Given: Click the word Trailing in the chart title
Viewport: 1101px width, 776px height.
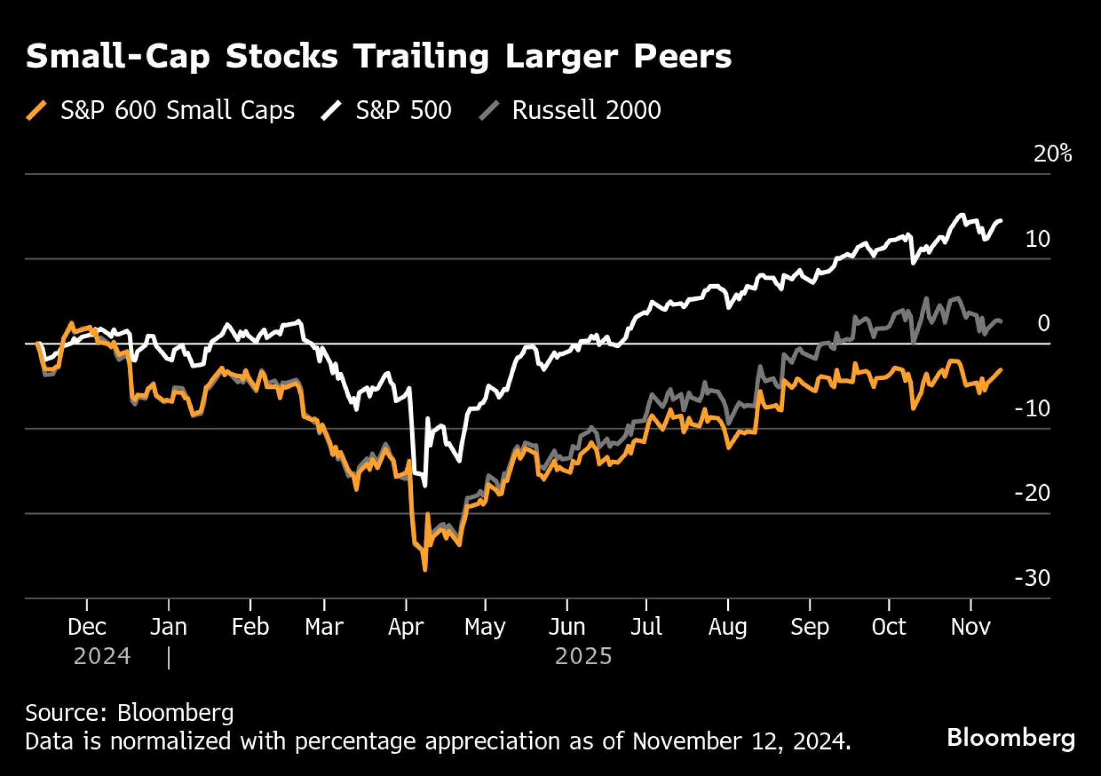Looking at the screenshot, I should tap(421, 57).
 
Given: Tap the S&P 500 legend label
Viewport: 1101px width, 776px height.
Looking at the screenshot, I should tap(403, 110).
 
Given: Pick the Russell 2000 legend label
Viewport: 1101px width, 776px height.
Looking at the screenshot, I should tap(586, 110).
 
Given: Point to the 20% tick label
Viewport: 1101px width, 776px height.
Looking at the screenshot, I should tap(1052, 154).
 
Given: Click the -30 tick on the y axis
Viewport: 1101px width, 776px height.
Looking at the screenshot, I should tap(1032, 578).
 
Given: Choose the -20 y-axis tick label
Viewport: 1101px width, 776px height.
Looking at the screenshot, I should tap(1032, 493).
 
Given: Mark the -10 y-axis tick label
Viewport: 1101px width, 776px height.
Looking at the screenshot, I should tap(1032, 408).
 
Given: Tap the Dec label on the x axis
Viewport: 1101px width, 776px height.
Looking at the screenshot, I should tap(86, 627).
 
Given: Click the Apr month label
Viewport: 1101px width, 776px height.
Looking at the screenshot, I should tap(406, 627).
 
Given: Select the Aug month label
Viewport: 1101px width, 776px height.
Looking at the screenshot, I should tap(727, 627).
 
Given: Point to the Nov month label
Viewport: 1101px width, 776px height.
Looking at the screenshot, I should tap(971, 627).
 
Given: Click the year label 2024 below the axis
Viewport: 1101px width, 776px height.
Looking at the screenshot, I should tap(102, 656).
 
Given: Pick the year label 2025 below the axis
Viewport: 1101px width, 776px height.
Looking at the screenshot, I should tap(583, 656).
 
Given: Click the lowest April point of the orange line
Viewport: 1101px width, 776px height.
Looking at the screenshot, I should tap(425, 569).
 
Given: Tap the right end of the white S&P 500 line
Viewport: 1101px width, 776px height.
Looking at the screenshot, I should tap(1000, 221).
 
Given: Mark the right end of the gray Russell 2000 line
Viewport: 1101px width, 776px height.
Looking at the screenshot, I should tap(1000, 321).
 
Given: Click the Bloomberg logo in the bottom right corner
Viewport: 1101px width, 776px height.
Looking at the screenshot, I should tap(1011, 737).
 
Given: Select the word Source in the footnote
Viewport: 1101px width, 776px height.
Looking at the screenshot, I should tap(66, 713).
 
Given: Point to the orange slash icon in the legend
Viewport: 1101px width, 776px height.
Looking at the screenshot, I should tap(36, 110).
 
